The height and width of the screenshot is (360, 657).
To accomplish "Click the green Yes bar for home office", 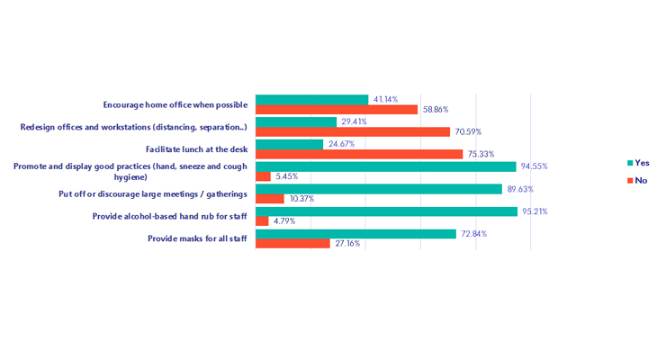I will pyautogui.click(x=311, y=99).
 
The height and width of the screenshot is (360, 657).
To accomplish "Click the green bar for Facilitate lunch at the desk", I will pyautogui.click(x=289, y=144).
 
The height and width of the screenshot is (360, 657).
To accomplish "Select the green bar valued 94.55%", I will pyautogui.click(x=385, y=166).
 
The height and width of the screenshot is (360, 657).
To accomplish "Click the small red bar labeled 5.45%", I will pyautogui.click(x=263, y=176).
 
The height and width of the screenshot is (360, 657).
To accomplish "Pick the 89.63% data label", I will pyautogui.click(x=520, y=189).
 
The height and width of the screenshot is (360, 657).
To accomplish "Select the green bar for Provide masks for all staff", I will pyautogui.click(x=355, y=234).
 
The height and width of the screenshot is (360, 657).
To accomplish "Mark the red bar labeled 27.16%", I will pyautogui.click(x=292, y=244).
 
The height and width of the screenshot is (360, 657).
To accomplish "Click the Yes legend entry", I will pyautogui.click(x=638, y=163).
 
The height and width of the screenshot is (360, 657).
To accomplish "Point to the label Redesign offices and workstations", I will pyautogui.click(x=134, y=127).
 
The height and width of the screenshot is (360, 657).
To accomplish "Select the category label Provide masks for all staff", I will pyautogui.click(x=197, y=239).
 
